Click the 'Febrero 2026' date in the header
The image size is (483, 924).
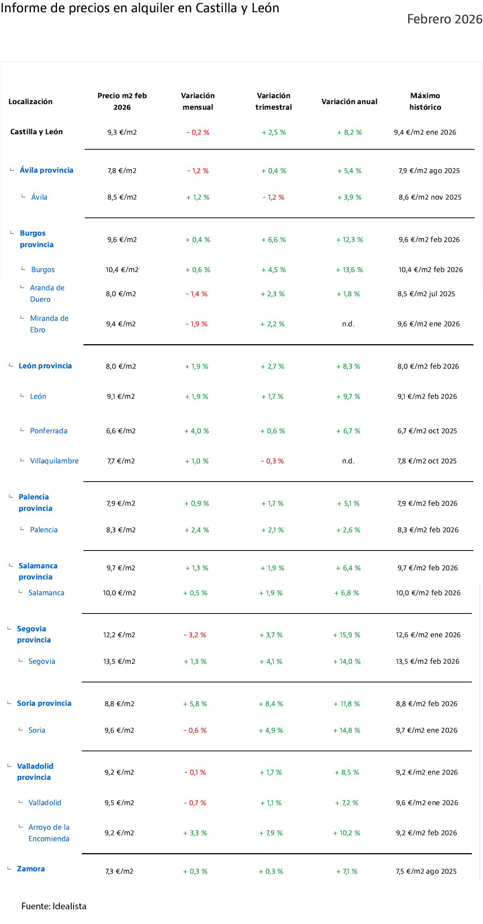click(x=445, y=19)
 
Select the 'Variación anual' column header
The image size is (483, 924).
click(x=349, y=101)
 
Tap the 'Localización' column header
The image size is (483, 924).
click(x=30, y=101)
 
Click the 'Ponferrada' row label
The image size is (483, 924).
click(x=49, y=431)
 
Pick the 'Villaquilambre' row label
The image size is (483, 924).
click(x=54, y=461)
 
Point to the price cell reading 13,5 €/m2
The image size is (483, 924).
click(x=119, y=661)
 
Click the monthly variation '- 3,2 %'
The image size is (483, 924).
click(x=195, y=635)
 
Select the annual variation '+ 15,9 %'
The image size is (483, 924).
click(x=347, y=635)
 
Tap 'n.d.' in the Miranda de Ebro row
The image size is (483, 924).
click(x=348, y=324)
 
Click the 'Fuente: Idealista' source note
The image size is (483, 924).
click(x=54, y=906)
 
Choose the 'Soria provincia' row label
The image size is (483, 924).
click(x=44, y=703)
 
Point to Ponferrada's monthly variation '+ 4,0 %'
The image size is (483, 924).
click(x=197, y=431)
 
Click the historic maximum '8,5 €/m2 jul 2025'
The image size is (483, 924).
click(x=426, y=294)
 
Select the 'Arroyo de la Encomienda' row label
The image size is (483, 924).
click(x=49, y=833)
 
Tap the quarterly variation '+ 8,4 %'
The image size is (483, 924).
click(x=271, y=704)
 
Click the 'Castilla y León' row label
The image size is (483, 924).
click(x=36, y=131)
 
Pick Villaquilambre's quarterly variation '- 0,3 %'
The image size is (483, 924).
click(x=272, y=461)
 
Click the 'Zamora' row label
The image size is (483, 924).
click(x=31, y=869)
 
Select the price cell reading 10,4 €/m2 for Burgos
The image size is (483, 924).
click(x=122, y=270)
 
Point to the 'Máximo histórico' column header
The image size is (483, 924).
click(x=425, y=101)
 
